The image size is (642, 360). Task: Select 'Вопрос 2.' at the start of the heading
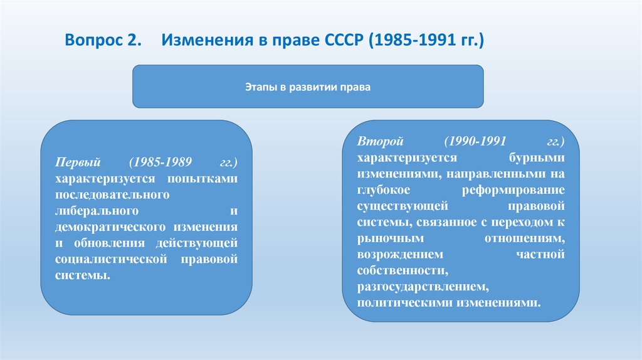pyautogui.click(x=104, y=41)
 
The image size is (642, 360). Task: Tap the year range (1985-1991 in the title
pyautogui.click(x=411, y=41)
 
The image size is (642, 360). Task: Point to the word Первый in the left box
pyautogui.click(x=75, y=162)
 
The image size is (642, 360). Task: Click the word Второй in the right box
pyautogui.click(x=376, y=140)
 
